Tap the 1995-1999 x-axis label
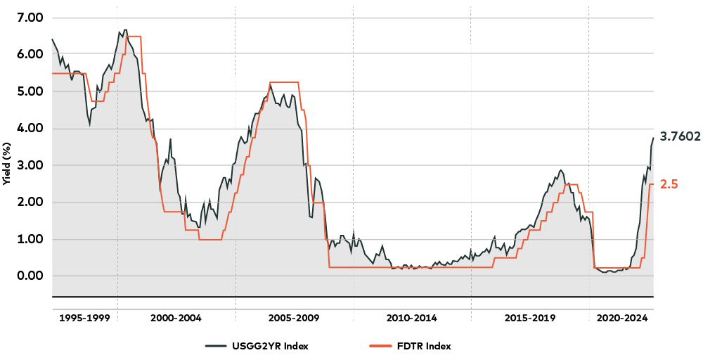(x=84, y=318)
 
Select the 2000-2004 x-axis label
(x=176, y=318)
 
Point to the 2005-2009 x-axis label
(x=294, y=318)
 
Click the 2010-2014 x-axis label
(x=411, y=318)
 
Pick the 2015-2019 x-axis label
(x=529, y=318)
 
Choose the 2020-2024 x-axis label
(x=621, y=318)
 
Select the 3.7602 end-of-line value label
(x=680, y=137)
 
